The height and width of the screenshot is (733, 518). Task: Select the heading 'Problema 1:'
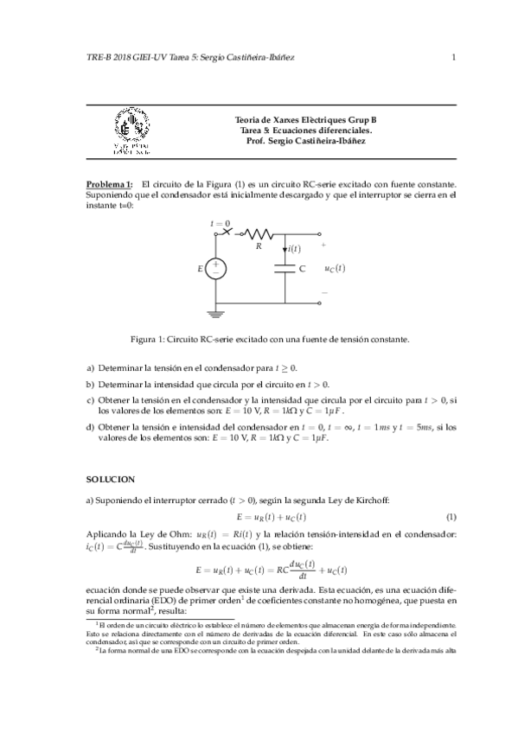pyautogui.click(x=109, y=184)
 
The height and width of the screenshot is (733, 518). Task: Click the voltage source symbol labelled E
pyautogui.click(x=216, y=269)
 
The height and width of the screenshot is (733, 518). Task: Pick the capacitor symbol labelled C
pyautogui.click(x=285, y=269)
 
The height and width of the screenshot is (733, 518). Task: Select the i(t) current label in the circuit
pyautogui.click(x=294, y=249)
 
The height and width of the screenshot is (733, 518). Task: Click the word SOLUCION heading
pyautogui.click(x=110, y=477)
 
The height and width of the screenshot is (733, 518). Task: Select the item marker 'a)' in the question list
pyautogui.click(x=90, y=368)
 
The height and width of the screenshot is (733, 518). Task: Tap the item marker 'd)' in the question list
pyautogui.click(x=90, y=428)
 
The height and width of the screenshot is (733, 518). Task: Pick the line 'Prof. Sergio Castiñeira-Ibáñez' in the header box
pyautogui.click(x=306, y=140)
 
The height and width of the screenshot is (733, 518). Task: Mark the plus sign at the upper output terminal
pyautogui.click(x=323, y=245)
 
